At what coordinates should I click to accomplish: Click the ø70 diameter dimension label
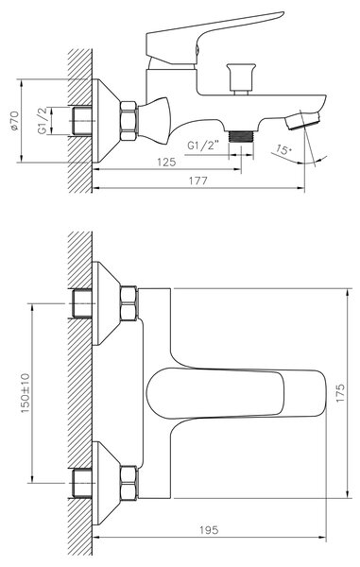tap(14, 121)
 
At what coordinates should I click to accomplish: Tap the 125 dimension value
tap(166, 162)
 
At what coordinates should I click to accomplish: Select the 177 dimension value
tap(198, 180)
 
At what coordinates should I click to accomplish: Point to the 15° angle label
tap(283, 149)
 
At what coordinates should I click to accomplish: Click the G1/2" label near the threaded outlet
tap(203, 146)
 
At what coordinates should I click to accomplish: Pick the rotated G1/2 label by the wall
tap(43, 121)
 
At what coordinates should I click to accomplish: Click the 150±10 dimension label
tap(26, 393)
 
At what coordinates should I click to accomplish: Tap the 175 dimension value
tap(340, 393)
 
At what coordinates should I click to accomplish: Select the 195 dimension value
tap(209, 530)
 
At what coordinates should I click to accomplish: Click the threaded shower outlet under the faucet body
tap(242, 136)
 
